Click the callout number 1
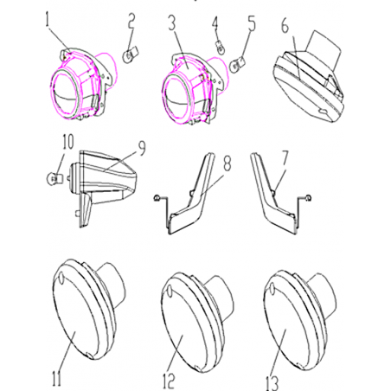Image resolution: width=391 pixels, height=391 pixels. (48, 20)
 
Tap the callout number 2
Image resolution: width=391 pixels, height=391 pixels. (131, 21)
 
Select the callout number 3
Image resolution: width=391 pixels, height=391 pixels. (172, 22)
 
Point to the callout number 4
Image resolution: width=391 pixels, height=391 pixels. (215, 23)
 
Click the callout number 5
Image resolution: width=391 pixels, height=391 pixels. (252, 23)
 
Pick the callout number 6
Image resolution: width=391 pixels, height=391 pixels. (285, 26)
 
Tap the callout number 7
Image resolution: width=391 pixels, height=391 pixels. (285, 158)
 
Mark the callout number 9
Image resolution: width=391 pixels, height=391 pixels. (142, 149)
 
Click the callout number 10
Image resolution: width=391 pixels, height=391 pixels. (68, 142)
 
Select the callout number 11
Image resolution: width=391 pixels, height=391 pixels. (57, 378)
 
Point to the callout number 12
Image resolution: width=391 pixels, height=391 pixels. (169, 381)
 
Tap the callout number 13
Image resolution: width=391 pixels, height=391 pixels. (272, 383)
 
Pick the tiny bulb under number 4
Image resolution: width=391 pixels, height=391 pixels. (220, 48)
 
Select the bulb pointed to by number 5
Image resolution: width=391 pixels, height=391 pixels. (237, 64)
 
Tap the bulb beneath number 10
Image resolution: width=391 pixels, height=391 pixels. (54, 179)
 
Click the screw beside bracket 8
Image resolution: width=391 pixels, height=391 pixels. (157, 197)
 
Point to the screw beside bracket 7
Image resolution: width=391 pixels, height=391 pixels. (308, 198)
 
